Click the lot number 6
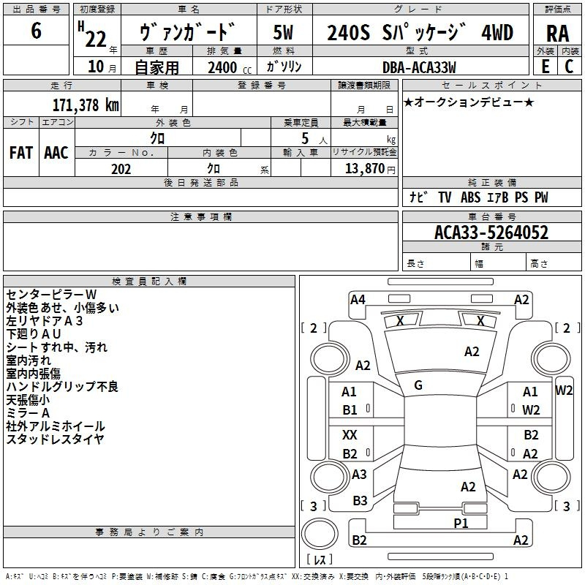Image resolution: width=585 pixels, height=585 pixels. tap(36, 30)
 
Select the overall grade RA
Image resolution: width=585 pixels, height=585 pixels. tap(557, 34)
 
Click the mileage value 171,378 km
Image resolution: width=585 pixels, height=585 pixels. tap(86, 105)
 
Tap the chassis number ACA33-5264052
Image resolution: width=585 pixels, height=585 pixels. tap(491, 233)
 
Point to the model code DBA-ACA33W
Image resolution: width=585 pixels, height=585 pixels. tap(419, 67)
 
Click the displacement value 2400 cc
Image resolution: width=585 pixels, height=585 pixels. tap(230, 67)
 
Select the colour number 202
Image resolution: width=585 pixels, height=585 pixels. tap(121, 169)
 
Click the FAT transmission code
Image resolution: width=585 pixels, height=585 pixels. tap(21, 153)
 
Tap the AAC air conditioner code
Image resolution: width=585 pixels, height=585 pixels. tap(56, 153)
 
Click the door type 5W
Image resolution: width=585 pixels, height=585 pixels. tap(283, 32)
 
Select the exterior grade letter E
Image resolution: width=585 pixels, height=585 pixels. tap(545, 67)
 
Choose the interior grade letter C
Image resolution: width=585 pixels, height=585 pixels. tap(569, 67)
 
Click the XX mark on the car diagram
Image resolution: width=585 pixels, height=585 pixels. tap(350, 434)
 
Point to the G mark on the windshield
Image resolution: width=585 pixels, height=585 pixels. tap(418, 385)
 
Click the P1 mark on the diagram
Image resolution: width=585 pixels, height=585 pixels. tap(461, 523)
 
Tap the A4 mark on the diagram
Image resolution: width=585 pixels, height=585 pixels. tap(358, 300)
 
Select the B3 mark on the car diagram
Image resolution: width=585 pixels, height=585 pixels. tap(360, 501)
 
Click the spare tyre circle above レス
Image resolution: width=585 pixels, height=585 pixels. tap(320, 534)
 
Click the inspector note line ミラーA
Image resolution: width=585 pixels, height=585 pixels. tap(28, 413)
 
